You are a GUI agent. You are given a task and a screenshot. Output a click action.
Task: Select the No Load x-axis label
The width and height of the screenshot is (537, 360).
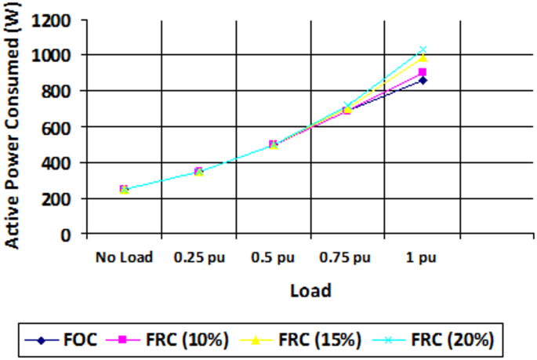tap(124, 256)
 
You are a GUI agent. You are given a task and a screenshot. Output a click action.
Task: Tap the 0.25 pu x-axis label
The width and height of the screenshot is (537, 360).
tap(198, 256)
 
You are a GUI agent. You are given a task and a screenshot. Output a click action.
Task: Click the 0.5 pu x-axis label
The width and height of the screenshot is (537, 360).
tap(273, 256)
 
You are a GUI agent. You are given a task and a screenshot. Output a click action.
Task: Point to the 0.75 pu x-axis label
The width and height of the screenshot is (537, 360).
tap(347, 256)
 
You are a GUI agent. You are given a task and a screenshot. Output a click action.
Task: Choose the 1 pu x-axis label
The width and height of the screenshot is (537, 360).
tap(423, 256)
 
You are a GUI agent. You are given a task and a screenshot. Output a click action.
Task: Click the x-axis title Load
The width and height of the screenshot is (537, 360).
tap(310, 290)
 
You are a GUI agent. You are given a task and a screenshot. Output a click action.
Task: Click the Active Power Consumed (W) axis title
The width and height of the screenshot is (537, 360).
tap(14, 128)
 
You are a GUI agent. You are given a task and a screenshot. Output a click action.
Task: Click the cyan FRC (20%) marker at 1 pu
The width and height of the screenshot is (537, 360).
tap(423, 49)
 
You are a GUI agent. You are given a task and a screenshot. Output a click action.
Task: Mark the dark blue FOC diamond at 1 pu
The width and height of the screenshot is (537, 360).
tap(423, 80)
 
